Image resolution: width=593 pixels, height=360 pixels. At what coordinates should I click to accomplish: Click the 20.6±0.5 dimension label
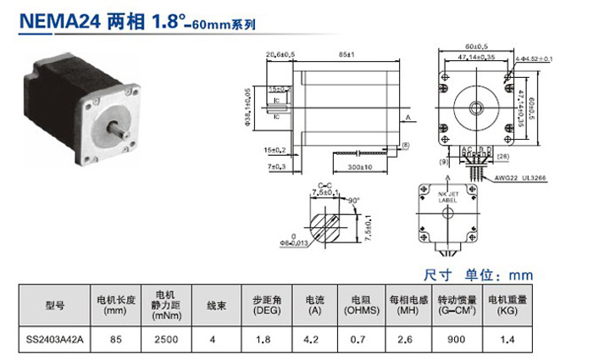[x=280, y=55]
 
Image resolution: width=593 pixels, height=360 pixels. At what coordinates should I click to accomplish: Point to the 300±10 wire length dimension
[x=357, y=168]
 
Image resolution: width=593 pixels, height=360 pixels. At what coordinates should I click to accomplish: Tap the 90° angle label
[x=353, y=201]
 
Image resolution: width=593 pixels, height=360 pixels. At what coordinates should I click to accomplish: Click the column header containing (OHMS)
[x=363, y=306]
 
